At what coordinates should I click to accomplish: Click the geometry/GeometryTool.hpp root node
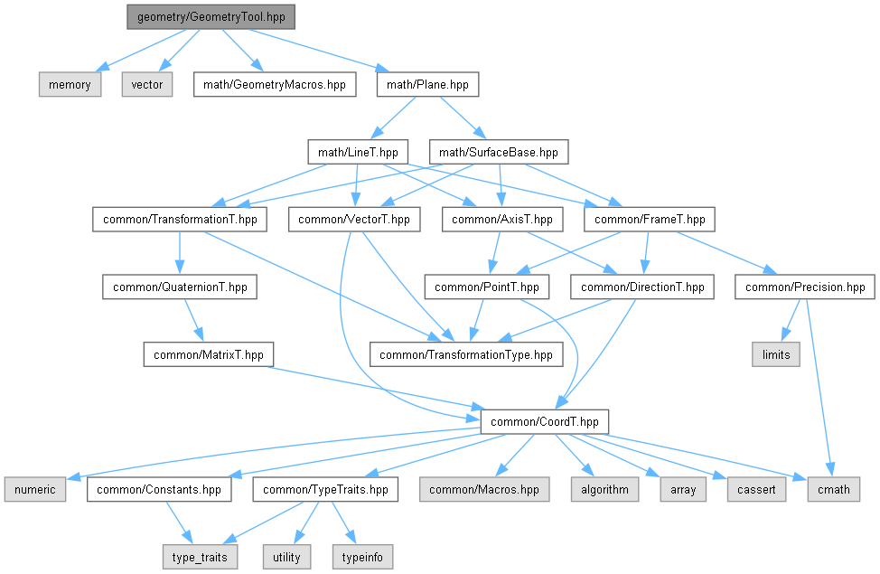click(211, 17)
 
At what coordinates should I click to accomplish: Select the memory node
click(70, 85)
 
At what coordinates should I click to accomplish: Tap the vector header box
click(147, 85)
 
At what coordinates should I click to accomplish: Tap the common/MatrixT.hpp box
click(209, 354)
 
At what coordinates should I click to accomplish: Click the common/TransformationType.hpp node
click(465, 354)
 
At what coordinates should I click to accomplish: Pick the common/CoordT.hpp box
click(546, 421)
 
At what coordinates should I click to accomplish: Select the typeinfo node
click(363, 557)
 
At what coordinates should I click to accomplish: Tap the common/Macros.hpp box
click(484, 490)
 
